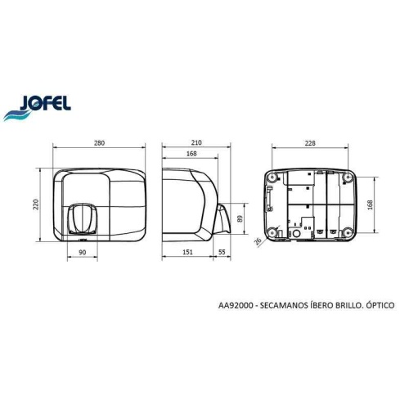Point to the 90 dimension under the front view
(x=82, y=254)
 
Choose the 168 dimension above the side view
(x=191, y=153)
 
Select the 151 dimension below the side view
(x=188, y=254)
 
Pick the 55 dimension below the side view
(x=222, y=254)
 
